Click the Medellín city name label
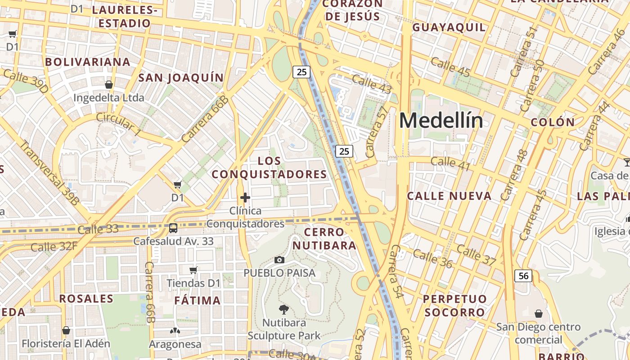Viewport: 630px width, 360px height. coord(441,121)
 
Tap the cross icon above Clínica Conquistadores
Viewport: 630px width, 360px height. coord(245,198)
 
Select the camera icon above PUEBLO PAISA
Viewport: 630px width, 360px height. coord(279,260)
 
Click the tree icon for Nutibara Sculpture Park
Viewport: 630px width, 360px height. coord(283,309)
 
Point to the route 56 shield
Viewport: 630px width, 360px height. coord(524,275)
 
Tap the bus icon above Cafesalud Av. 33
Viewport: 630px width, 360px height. coord(173,228)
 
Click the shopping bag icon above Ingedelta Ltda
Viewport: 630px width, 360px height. coord(108,84)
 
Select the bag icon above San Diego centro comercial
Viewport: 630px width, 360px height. coord(538,313)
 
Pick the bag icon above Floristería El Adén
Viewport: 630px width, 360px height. coord(66,330)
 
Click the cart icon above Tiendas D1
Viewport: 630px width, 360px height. coord(193,270)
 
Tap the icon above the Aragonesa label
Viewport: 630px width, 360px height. coord(175,331)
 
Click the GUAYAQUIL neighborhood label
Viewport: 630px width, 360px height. coord(449,27)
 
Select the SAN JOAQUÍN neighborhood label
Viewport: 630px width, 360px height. coord(181,78)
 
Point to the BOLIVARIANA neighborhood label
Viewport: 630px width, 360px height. coord(88,62)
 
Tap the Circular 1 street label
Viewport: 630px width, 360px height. coord(119,124)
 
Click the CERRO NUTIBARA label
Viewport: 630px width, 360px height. coord(330,239)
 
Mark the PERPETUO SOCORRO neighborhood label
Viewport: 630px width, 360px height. coord(454,306)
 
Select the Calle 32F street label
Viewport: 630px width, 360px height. coord(54,247)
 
